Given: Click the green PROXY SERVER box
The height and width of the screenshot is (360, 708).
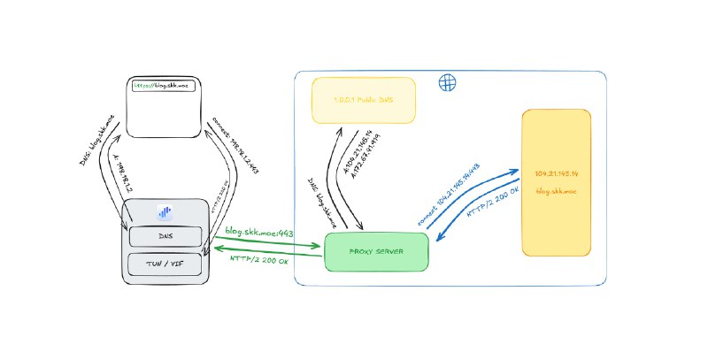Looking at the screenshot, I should click(x=377, y=252).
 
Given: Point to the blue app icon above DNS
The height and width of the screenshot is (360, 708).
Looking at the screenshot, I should click(x=165, y=212).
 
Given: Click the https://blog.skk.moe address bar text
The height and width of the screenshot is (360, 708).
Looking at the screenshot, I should click(x=161, y=86).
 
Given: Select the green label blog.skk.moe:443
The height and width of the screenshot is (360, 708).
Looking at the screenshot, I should click(x=259, y=232).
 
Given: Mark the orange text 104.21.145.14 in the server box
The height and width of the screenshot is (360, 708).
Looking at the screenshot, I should click(x=557, y=174).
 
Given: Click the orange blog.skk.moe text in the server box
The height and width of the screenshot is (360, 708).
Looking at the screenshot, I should click(x=557, y=191).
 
